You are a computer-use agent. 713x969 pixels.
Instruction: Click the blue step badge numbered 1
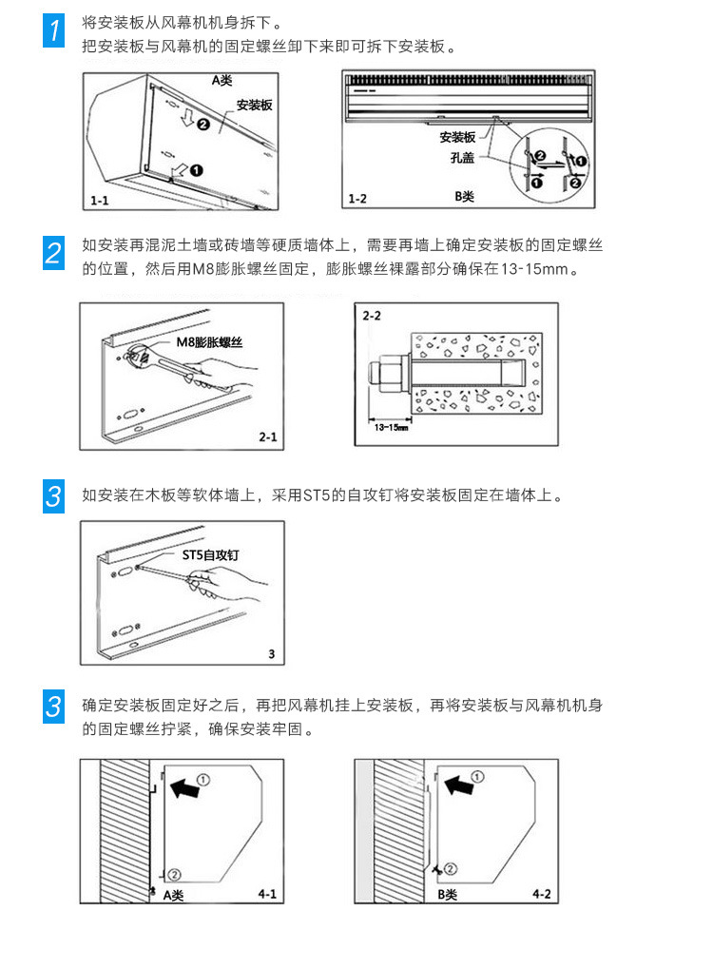click(56, 32)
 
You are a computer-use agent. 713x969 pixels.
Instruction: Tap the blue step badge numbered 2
click(56, 252)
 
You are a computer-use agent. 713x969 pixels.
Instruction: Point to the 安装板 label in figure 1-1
click(254, 105)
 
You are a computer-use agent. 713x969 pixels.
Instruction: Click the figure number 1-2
click(358, 198)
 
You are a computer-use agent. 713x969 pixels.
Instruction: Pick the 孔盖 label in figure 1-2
click(463, 158)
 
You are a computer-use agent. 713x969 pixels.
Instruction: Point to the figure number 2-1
click(266, 436)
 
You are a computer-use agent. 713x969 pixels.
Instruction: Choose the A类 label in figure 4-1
click(174, 895)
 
